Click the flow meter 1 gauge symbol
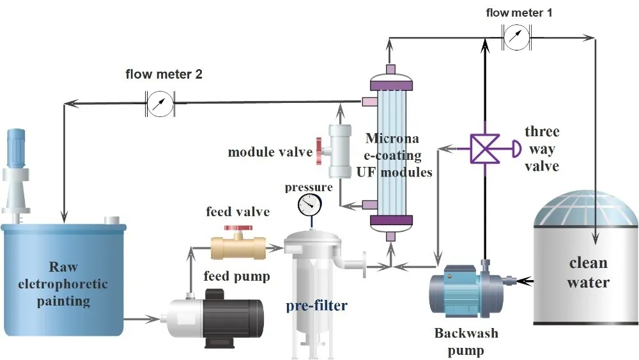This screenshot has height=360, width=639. tap(516, 37)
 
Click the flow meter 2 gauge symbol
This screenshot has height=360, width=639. tap(160, 101)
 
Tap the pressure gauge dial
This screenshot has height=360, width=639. tap(311, 205)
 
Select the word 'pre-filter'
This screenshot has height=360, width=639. tap(317, 306)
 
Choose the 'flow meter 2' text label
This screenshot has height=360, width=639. tap(164, 74)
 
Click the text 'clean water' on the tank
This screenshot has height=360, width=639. tap(589, 272)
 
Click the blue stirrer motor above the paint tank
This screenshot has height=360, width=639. tap(15, 145)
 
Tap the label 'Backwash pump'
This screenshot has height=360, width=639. tap(466, 341)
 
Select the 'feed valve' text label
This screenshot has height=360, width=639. tap(238, 212)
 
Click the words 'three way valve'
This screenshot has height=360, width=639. tap(542, 149)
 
